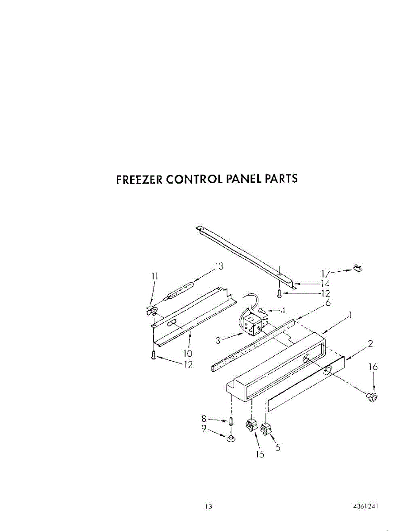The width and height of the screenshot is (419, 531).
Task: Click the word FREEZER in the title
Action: click(139, 179)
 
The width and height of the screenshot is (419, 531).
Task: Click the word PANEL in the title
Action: click(244, 179)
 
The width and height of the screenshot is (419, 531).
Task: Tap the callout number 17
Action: click(325, 274)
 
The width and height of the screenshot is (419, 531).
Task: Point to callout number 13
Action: click(219, 266)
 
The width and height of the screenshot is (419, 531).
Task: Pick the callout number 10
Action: click(188, 353)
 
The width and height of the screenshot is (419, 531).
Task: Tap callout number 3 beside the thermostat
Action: click(218, 340)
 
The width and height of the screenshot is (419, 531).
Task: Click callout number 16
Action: click(373, 366)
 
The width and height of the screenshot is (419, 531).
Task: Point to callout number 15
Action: click(260, 454)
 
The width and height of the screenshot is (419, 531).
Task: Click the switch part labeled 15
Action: click(251, 426)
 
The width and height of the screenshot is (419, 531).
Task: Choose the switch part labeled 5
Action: click(266, 428)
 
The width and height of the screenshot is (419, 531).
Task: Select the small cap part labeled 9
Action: click(231, 438)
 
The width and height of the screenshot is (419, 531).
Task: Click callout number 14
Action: click(325, 284)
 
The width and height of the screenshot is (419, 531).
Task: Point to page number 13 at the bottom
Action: click(208, 507)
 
